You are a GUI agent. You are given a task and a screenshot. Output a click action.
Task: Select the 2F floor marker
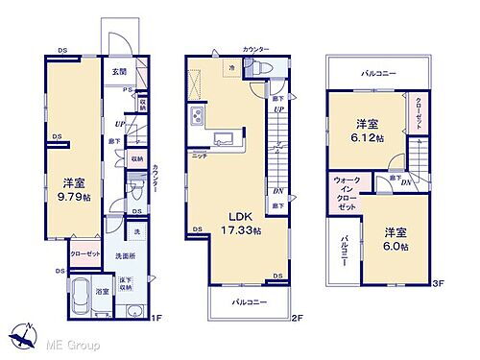coord(297,319)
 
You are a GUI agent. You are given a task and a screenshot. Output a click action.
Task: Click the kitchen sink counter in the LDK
coord(224,135)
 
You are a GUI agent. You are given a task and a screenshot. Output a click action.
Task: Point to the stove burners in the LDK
coord(198,116)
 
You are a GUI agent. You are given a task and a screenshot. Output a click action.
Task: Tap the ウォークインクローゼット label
coord(346,194)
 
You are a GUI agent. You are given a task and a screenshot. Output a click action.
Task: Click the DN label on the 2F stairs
coord(277,191)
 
